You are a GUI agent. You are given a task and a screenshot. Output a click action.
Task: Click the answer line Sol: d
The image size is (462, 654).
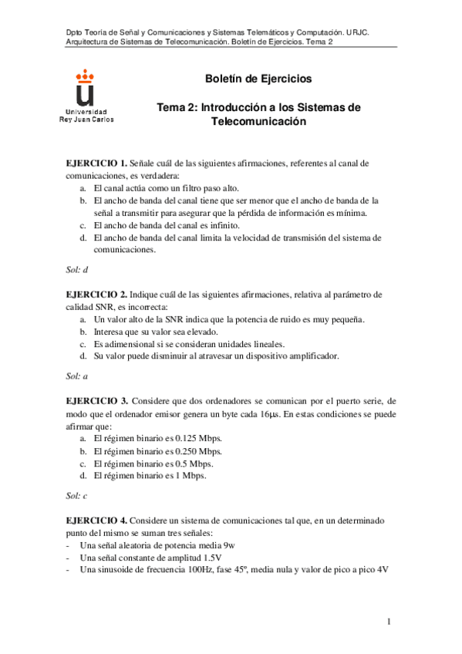pos(77,270)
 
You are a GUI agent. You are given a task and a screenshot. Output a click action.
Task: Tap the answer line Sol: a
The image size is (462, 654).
pos(77,376)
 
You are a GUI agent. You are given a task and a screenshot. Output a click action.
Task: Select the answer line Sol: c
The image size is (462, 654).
pos(77,496)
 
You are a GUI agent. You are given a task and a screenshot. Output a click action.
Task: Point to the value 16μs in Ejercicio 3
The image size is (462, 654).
pos(269,414)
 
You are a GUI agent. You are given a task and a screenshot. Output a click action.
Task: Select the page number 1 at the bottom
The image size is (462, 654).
pos(390,622)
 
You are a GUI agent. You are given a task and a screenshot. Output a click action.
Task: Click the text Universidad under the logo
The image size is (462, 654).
pos(86,113)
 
